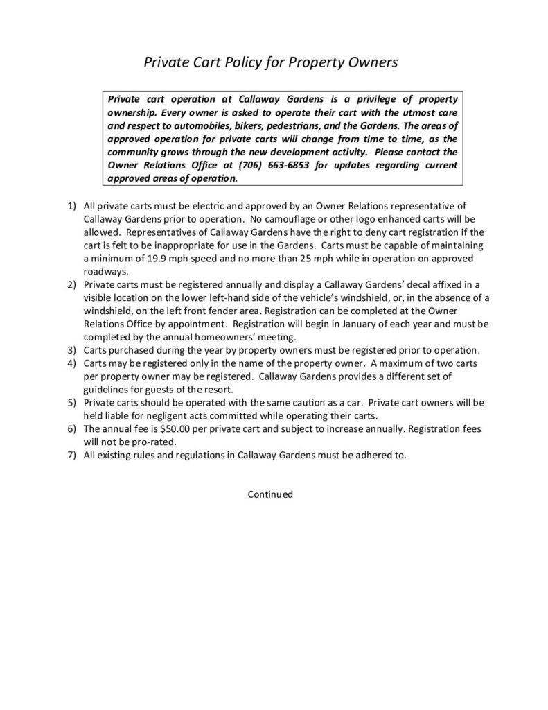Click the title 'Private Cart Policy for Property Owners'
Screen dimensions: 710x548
[270, 62]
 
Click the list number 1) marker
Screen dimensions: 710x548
[72, 206]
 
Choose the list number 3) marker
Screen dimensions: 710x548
[72, 349]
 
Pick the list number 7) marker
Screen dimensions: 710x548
[72, 455]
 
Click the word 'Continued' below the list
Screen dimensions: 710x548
[271, 494]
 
